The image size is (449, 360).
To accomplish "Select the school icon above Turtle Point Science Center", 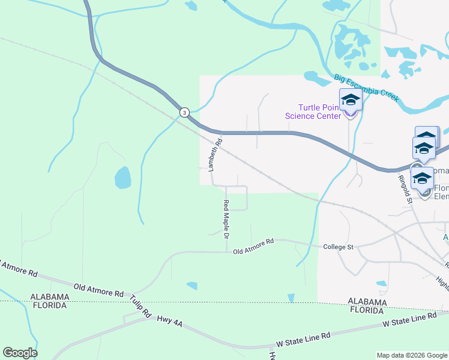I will click(x=350, y=100).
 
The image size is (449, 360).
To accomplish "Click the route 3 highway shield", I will click(x=184, y=112).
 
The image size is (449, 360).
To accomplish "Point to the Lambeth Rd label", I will click(x=215, y=155).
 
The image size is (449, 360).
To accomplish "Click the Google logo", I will click(x=20, y=353).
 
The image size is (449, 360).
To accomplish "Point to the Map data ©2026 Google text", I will click(x=412, y=355).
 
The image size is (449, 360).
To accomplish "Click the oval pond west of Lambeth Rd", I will click(x=122, y=178).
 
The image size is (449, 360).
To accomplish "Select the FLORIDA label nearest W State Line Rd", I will click(x=367, y=311).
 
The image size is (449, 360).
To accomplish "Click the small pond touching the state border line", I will click(x=291, y=298).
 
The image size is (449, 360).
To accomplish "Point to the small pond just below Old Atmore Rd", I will click(x=191, y=286).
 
